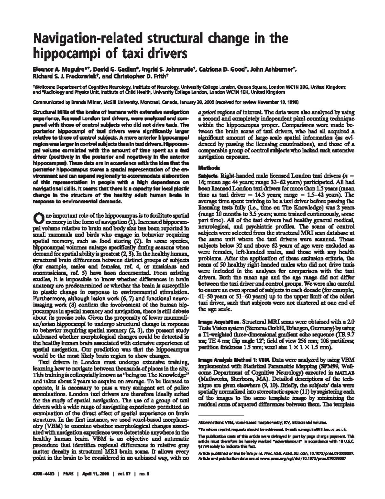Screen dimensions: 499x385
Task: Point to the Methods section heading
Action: [209, 168]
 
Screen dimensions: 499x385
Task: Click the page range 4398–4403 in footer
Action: [46, 474]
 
